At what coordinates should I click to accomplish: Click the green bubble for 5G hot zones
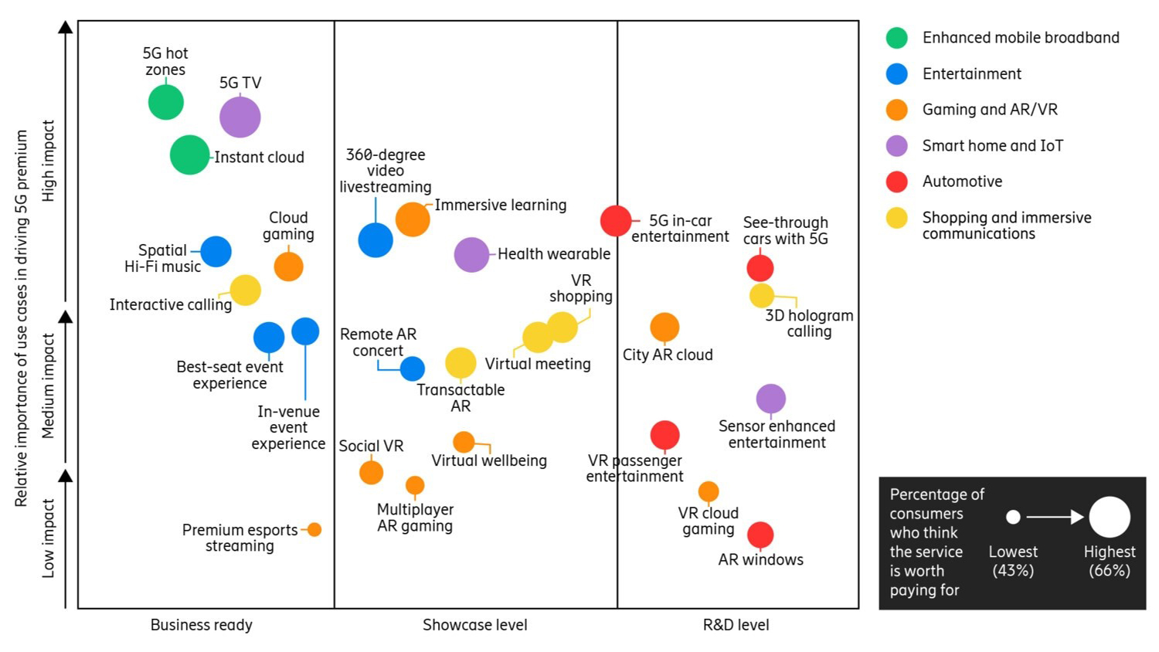[x=166, y=103]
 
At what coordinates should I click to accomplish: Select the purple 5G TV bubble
[x=240, y=117]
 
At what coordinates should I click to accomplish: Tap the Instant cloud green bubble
[x=189, y=155]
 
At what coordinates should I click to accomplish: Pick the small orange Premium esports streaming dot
[x=314, y=530]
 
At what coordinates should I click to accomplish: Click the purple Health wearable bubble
[x=471, y=255]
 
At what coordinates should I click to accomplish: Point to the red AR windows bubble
[x=760, y=535]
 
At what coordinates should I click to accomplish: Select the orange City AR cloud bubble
[x=664, y=328]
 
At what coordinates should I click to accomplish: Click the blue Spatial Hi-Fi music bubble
[x=216, y=252]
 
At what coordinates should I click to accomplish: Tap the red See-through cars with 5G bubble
[x=760, y=268]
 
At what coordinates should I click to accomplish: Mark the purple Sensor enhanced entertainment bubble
[x=770, y=399]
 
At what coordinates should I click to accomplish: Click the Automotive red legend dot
[x=896, y=182]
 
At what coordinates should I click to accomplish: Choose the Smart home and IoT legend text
[x=992, y=145]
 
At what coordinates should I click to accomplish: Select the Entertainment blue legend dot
[x=896, y=74]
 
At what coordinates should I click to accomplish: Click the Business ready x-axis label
[x=201, y=625]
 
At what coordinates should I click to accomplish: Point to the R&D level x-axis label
[x=736, y=625]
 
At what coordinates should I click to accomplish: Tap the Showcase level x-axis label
[x=474, y=625]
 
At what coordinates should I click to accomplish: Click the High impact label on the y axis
[x=48, y=161]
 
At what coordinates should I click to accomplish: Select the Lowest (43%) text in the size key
[x=1013, y=561]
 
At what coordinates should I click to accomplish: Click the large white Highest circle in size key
[x=1110, y=517]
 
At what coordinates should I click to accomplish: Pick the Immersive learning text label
[x=500, y=205]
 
